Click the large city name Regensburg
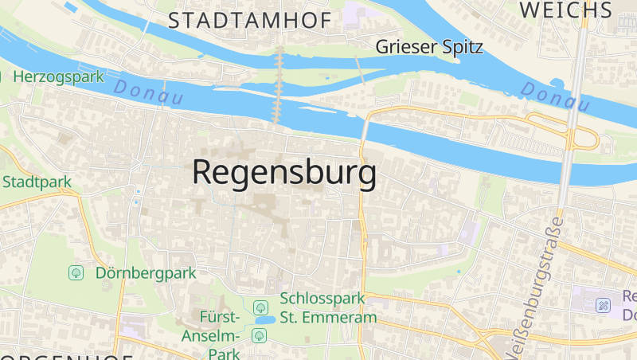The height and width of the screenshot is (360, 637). pos(284,173)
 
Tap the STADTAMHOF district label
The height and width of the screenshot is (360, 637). pos(249,21)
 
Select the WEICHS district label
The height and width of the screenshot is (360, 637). pos(565,10)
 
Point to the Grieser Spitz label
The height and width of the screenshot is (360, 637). pos(429,47)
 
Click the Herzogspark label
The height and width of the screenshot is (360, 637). pos(59,77)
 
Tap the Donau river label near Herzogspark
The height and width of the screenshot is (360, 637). pos(148,92)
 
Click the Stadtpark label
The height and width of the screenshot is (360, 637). pos(37,182)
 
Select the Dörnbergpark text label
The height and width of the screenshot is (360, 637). pos(145,272)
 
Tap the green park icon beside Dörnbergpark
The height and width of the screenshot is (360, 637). pos(76,272)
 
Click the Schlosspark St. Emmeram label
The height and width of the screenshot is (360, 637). pos(327,308)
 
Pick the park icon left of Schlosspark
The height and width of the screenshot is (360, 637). pos(260,307)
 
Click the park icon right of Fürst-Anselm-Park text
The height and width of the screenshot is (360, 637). pos(259,335)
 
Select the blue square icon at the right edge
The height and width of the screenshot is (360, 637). pos(604,304)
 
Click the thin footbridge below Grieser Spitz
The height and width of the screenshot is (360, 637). pos(360,72)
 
